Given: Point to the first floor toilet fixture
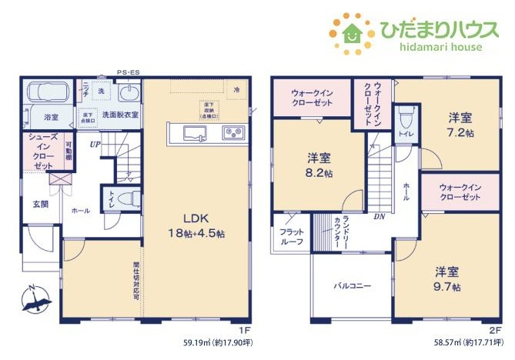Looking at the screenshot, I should [x=127, y=198].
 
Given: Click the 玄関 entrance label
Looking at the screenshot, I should [x=40, y=204].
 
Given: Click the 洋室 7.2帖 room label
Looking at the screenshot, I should [x=460, y=125].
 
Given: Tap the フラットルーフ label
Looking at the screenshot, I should [x=290, y=236].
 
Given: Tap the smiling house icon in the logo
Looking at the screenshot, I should [x=351, y=31].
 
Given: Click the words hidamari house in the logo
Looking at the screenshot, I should [x=430, y=47].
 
